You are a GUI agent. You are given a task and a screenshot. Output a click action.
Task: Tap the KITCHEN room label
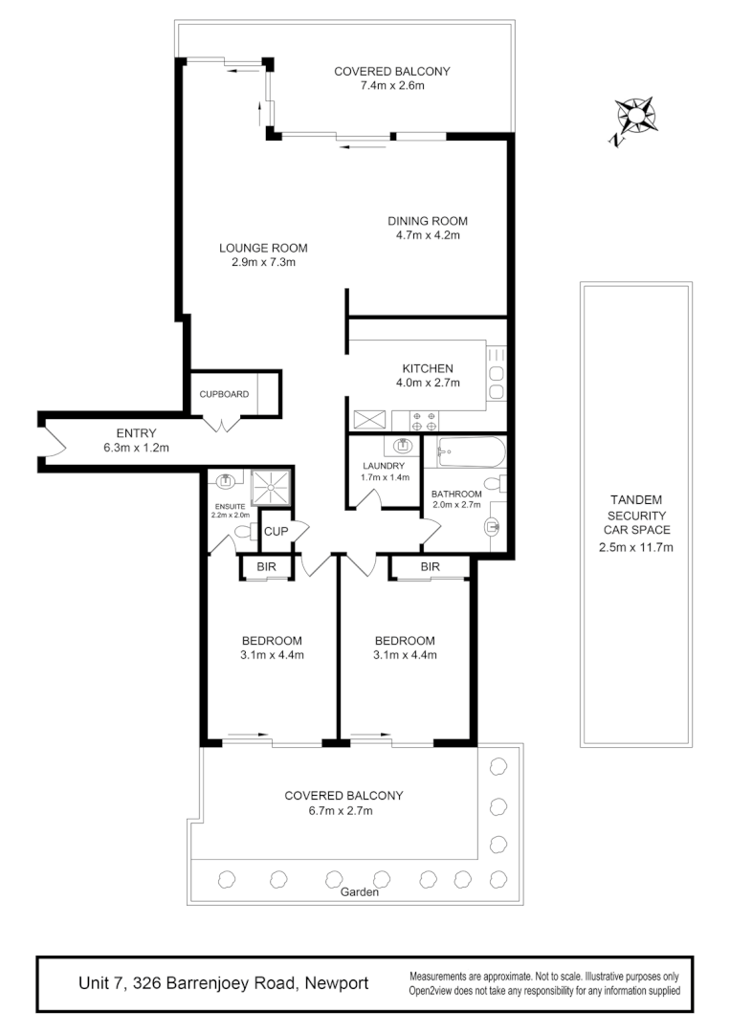click(x=427, y=368)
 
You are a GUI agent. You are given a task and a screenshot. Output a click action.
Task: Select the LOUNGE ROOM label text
click(x=263, y=248)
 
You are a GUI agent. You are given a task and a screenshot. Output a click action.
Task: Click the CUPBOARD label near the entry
click(x=224, y=394)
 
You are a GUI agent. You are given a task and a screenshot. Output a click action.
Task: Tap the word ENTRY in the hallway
click(x=136, y=433)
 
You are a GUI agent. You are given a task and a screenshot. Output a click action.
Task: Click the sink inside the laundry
click(x=403, y=445)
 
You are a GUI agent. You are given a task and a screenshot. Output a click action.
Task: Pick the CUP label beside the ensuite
click(x=276, y=532)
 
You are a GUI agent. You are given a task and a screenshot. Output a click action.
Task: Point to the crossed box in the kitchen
click(x=369, y=420)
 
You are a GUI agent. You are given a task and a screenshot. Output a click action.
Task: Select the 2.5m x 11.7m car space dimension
click(x=636, y=547)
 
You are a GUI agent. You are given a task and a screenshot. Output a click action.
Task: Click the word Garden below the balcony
click(x=360, y=892)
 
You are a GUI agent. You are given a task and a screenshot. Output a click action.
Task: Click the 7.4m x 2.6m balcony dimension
click(x=391, y=85)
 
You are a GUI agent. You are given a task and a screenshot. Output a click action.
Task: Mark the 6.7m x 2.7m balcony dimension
click(x=343, y=810)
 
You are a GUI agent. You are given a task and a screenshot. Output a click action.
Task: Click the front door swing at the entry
click(x=53, y=443)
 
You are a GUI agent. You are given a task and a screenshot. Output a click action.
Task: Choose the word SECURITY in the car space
click(x=636, y=515)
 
